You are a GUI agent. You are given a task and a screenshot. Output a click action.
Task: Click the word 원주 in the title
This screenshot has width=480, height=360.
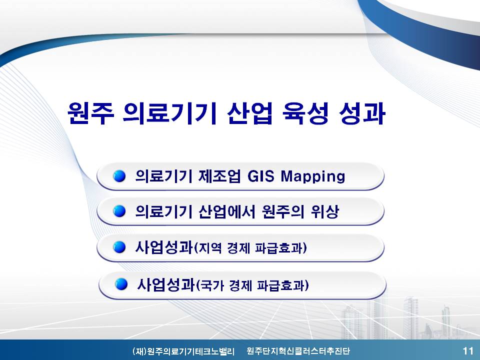click(x=90, y=113)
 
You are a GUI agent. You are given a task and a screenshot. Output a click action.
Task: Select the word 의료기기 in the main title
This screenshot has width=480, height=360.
click(x=169, y=113)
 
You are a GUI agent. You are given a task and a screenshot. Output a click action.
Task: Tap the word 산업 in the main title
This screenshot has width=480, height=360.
click(x=250, y=113)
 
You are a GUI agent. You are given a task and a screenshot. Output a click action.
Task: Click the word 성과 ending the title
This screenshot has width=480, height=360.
click(x=362, y=113)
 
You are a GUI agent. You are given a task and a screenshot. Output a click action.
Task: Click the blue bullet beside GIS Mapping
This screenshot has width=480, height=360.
click(x=119, y=176)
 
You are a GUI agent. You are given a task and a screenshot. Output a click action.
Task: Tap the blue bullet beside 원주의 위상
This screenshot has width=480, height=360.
click(x=119, y=211)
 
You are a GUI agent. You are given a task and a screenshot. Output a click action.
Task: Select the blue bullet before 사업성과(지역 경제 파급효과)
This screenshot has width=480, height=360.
click(x=119, y=247)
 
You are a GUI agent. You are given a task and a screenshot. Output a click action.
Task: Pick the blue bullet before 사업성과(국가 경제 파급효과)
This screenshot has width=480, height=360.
click(x=121, y=284)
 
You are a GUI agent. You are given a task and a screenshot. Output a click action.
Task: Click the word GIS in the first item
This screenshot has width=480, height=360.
click(x=260, y=176)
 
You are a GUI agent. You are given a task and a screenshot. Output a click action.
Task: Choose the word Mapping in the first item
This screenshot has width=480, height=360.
click(x=313, y=177)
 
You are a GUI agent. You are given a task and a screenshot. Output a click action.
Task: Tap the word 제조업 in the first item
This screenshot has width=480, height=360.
click(x=219, y=176)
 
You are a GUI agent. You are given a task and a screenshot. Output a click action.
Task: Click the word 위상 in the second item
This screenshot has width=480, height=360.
click(x=325, y=211)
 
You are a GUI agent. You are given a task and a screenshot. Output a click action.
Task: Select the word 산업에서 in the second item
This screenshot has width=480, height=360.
click(x=226, y=211)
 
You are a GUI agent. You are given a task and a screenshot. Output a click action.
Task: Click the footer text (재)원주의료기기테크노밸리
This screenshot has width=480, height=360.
click(x=183, y=351)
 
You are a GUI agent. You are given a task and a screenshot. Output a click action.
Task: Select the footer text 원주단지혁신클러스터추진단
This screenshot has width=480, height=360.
click(x=298, y=351)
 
